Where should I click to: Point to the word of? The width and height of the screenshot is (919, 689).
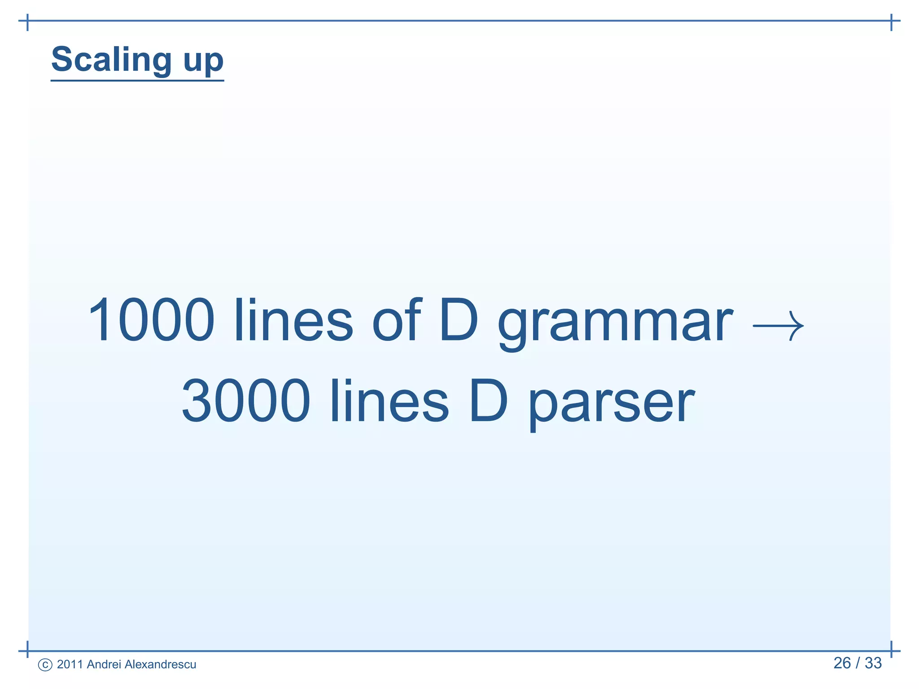397,319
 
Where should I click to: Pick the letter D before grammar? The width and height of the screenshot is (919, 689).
459,320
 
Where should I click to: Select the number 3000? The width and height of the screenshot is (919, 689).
246,400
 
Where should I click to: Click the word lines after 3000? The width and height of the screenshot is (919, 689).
389,400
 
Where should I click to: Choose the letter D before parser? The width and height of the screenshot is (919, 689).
488,400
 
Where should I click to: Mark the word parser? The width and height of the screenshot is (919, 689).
611,404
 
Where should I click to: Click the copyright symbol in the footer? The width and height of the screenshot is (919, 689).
45,665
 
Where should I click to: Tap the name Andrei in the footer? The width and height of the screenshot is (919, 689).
104,664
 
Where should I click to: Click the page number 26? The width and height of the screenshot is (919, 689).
842,663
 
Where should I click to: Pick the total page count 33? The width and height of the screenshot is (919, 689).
873,663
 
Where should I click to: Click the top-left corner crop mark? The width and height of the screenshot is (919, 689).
28,21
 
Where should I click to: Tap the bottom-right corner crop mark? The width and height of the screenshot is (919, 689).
891,650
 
